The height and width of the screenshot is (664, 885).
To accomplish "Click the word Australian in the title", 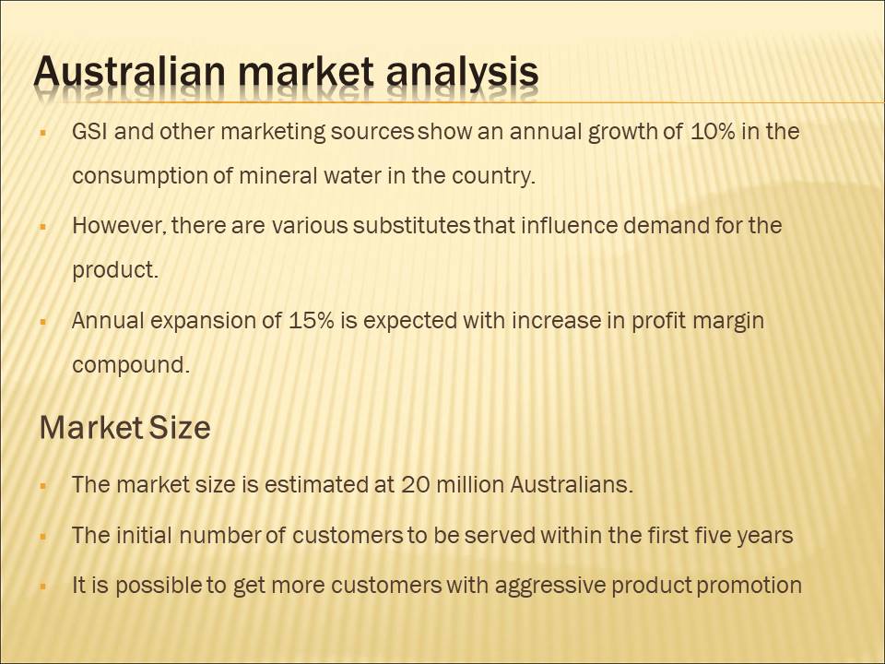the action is (129, 72).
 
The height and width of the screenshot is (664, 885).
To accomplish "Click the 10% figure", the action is (713, 132).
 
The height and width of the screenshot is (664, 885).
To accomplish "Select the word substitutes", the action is (411, 226).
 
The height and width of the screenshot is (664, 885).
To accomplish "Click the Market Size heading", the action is (124, 427).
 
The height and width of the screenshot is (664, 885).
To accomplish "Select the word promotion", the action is (749, 586).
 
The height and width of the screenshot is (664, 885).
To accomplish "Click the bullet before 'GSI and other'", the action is (43, 134).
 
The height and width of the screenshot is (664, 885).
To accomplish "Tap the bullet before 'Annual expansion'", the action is (43, 323).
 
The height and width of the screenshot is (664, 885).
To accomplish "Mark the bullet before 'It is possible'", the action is (43, 587).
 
